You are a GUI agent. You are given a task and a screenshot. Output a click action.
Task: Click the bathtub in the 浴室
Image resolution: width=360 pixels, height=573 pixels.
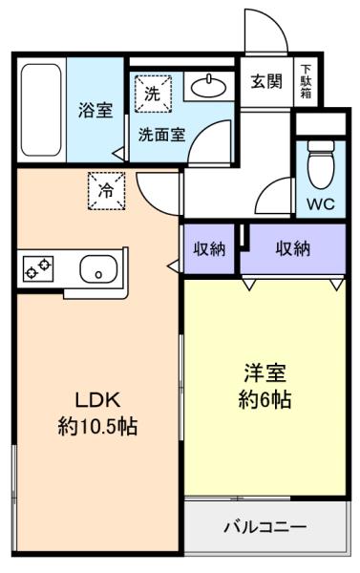pyautogui.click(x=41, y=110)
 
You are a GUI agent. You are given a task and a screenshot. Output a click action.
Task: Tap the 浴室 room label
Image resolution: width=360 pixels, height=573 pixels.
pyautogui.click(x=95, y=110)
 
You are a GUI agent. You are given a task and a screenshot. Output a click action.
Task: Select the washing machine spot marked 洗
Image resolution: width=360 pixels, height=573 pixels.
pyautogui.click(x=153, y=94)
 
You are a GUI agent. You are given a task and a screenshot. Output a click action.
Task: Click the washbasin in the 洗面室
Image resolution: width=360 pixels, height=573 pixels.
pyautogui.click(x=208, y=87)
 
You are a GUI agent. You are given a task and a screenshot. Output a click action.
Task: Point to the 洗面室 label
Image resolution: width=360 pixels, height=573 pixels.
pyautogui.click(x=162, y=135)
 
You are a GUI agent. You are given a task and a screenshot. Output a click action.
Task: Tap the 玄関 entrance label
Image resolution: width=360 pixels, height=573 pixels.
pyautogui.click(x=266, y=81)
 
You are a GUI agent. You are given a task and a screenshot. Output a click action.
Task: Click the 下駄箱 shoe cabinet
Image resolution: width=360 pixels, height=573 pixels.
pyautogui.click(x=306, y=81)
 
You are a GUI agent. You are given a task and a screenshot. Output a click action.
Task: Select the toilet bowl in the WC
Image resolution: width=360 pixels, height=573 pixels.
pyautogui.click(x=321, y=164)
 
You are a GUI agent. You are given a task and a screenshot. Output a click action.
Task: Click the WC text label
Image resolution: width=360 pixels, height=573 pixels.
pyautogui.click(x=321, y=204)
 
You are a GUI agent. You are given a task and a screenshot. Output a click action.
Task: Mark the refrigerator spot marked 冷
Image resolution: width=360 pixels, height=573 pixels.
pyautogui.click(x=107, y=191)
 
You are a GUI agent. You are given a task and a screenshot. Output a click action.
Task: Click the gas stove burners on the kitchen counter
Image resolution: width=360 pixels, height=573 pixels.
pyautogui.click(x=38, y=268)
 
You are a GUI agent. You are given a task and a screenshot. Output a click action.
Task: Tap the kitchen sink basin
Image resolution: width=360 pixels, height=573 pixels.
pyautogui.click(x=98, y=268)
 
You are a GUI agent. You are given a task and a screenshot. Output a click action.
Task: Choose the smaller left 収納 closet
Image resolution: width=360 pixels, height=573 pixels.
pyautogui.click(x=209, y=249)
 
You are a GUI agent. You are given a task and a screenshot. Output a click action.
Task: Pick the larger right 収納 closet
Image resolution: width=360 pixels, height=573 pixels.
pyautogui.click(x=293, y=249)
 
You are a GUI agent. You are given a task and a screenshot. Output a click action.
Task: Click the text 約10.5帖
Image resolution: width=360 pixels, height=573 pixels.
pyautogui.click(x=97, y=427)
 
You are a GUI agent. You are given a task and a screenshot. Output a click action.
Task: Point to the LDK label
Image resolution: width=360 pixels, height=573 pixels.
pyautogui.click(x=97, y=400)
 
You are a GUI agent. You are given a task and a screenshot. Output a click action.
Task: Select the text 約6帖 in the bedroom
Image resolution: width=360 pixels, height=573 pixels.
pyautogui.click(x=265, y=399)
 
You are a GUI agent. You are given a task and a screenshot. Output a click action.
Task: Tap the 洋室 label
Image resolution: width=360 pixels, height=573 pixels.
pyautogui.click(x=265, y=372)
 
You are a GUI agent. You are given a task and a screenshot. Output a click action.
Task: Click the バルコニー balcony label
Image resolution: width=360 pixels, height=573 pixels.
pyautogui.click(x=265, y=527)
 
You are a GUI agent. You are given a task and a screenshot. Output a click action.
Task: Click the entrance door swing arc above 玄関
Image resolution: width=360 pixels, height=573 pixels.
pyautogui.click(x=275, y=20)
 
